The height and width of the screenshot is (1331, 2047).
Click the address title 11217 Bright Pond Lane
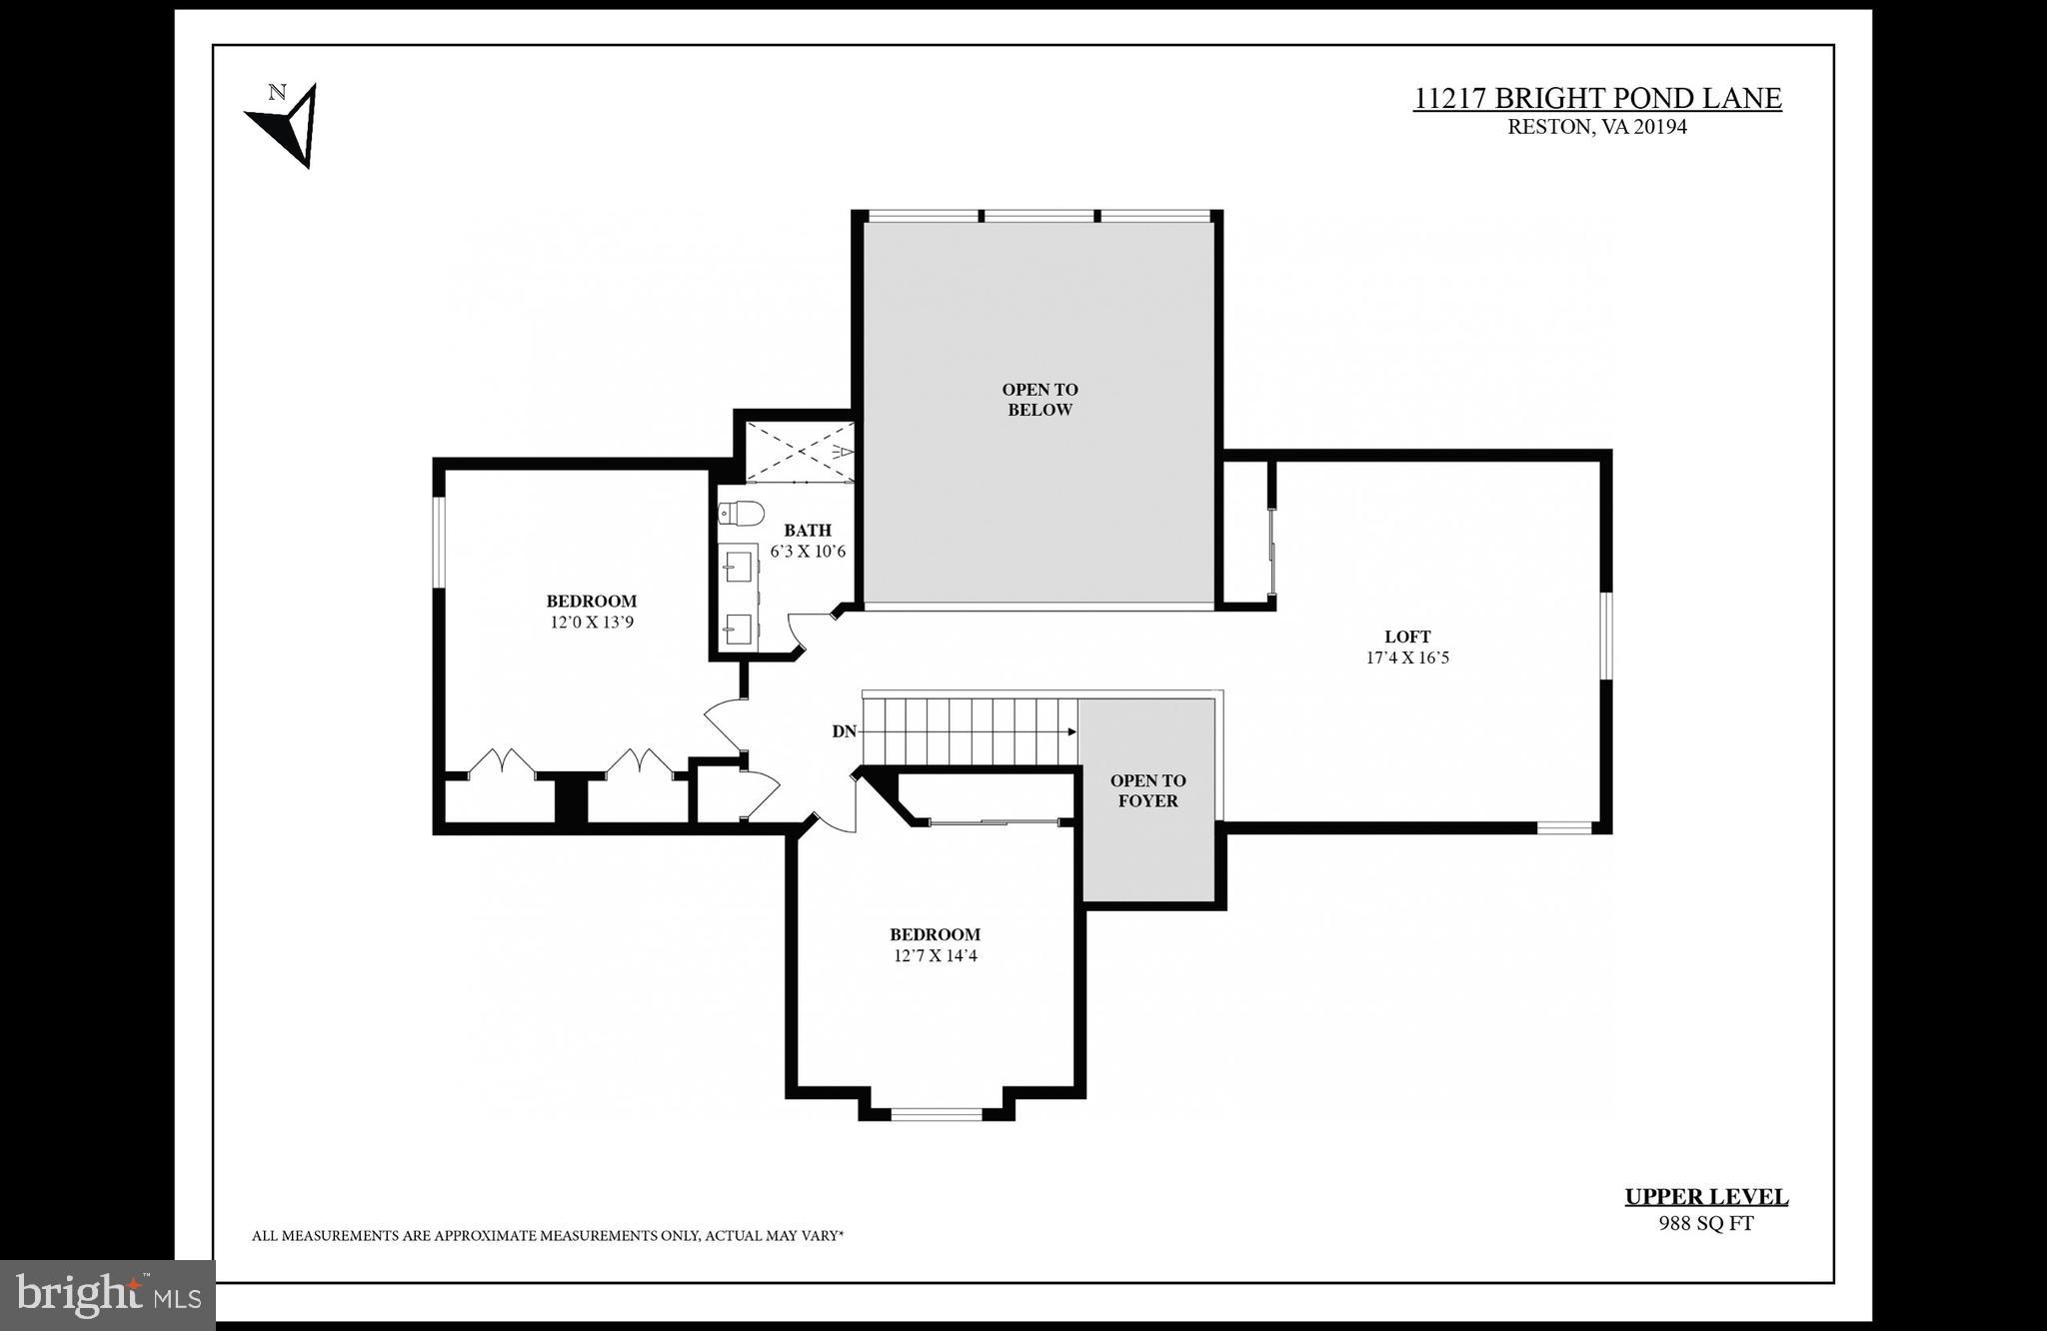pyautogui.click(x=1596, y=99)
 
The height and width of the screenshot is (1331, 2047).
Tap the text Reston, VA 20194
pyautogui.click(x=1596, y=127)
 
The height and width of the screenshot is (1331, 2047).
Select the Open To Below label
pyautogui.click(x=1039, y=400)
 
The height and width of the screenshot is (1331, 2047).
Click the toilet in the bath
pyautogui.click(x=740, y=514)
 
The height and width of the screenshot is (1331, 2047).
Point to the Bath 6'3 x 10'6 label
pyautogui.click(x=808, y=541)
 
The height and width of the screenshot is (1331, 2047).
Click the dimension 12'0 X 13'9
pyautogui.click(x=592, y=622)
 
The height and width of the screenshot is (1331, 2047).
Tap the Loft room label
pyautogui.click(x=1407, y=637)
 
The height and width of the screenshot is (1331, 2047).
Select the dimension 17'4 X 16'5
pyautogui.click(x=1407, y=658)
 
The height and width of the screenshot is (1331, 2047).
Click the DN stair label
pyautogui.click(x=844, y=731)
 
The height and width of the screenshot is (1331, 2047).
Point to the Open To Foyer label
pyautogui.click(x=1147, y=790)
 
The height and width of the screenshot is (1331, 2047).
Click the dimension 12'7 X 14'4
pyautogui.click(x=935, y=955)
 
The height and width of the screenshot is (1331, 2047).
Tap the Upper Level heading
pyautogui.click(x=1705, y=1197)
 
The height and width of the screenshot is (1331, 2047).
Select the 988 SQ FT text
pyautogui.click(x=1705, y=1223)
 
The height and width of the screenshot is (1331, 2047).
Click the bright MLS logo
pyautogui.click(x=108, y=1295)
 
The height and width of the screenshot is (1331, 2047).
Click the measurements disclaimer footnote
pyautogui.click(x=548, y=1236)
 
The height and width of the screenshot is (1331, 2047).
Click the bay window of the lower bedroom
pyautogui.click(x=937, y=1113)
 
